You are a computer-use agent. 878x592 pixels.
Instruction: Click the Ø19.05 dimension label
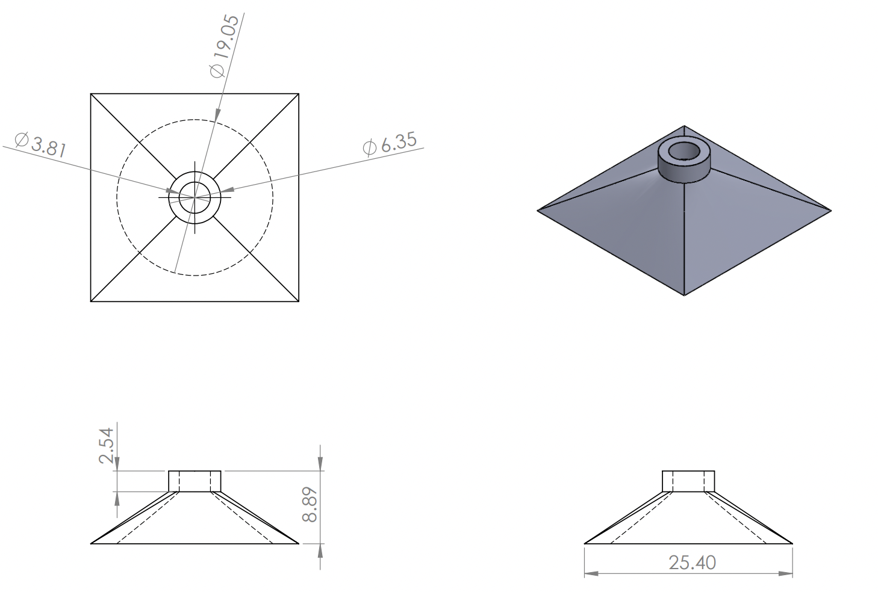tap(225, 46)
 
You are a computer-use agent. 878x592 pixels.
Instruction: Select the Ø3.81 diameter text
tap(40, 144)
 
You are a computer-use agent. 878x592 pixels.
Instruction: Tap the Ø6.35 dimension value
tap(390, 143)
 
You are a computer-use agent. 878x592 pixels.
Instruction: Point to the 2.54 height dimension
tap(106, 445)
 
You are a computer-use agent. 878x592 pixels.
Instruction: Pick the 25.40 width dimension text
tap(692, 563)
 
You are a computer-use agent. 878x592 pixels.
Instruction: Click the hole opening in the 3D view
tap(683, 152)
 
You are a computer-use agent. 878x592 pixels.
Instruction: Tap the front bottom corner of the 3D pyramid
tap(685, 295)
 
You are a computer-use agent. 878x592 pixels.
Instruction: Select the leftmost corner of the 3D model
tap(538, 210)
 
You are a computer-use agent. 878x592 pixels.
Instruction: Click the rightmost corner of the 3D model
tap(830, 211)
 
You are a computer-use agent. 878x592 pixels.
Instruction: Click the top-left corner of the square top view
tap(91, 94)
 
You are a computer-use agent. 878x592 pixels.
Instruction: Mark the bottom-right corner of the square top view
tap(299, 301)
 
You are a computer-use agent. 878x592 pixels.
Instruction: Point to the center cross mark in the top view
tap(195, 196)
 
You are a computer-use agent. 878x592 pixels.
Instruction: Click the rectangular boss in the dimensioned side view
tap(195, 481)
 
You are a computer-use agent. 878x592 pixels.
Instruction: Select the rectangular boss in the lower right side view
tap(688, 481)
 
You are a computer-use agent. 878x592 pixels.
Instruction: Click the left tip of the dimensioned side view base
tap(92, 543)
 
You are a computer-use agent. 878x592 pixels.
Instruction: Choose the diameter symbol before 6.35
tap(369, 147)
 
